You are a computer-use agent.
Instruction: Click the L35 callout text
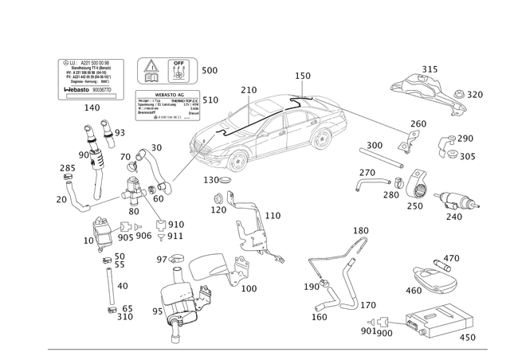(x=210, y=71)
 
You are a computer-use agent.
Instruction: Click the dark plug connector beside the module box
(x=384, y=322)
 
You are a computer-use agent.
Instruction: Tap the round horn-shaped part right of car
(x=417, y=190)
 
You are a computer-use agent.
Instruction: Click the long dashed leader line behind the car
(x=375, y=119)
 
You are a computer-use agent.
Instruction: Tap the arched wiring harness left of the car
(x=147, y=167)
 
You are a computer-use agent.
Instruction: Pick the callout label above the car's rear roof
(x=302, y=76)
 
